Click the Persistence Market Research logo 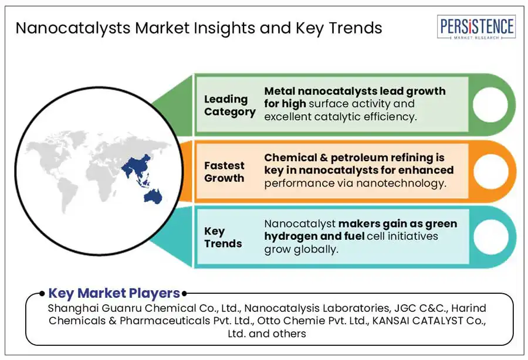click(476, 27)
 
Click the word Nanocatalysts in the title click(73, 28)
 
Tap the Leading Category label click(229, 106)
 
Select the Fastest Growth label click(224, 172)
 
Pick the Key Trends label click(223, 237)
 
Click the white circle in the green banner click(490, 104)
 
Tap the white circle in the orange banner click(490, 171)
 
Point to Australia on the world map click(153, 196)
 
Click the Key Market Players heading click(114, 293)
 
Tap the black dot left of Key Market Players click(42, 294)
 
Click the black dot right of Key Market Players click(184, 294)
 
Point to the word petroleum click(359, 158)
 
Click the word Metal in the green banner click(279, 91)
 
